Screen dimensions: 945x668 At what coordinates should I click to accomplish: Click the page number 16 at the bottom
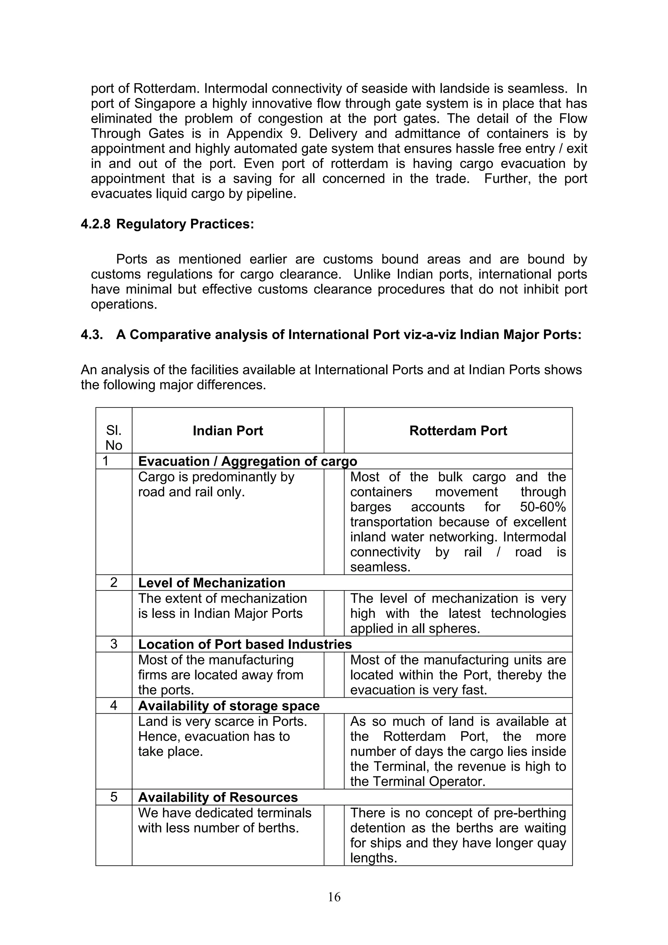(x=334, y=896)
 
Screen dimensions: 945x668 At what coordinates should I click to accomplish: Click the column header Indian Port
(x=228, y=431)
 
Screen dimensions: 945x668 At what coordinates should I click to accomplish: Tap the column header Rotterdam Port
(x=458, y=431)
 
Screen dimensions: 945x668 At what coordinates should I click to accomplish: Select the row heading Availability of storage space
(x=229, y=706)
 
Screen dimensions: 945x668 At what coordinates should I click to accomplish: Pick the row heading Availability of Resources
(x=218, y=797)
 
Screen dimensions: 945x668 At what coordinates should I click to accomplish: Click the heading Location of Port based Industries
(x=245, y=644)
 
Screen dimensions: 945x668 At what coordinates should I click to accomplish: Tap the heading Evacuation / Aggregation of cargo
(x=247, y=461)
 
